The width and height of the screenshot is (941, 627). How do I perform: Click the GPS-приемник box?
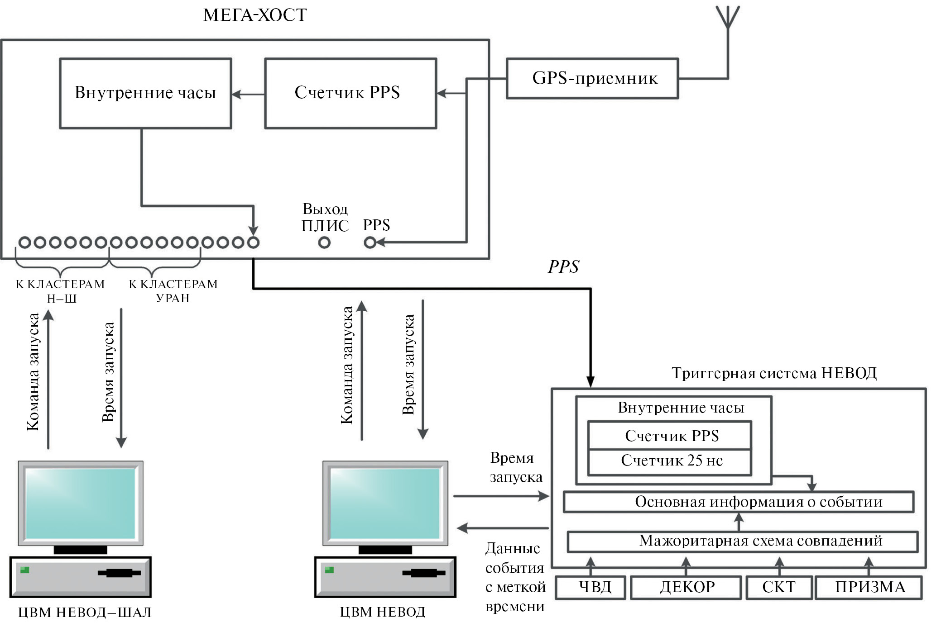[x=592, y=78]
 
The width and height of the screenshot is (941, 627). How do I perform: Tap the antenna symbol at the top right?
[x=727, y=18]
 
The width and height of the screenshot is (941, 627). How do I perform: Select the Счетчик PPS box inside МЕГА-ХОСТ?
[x=350, y=93]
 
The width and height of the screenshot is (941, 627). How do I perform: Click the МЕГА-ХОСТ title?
[x=255, y=15]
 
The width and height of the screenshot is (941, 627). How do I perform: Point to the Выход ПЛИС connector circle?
[x=324, y=243]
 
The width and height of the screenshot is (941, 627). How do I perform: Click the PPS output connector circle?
[x=370, y=243]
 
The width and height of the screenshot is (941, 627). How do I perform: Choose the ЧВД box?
[x=591, y=587]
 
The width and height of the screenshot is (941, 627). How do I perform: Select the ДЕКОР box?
[x=686, y=587]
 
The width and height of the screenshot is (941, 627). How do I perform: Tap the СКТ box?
[x=778, y=587]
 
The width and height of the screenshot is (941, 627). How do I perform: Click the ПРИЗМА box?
[x=869, y=587]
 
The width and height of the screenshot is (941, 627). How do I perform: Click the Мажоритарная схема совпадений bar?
[x=743, y=541]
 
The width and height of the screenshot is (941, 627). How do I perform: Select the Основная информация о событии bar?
[x=738, y=502]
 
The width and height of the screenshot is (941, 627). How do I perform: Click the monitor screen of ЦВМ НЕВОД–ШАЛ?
[x=81, y=503]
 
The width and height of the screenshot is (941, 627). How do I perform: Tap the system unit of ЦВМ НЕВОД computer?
[x=385, y=577]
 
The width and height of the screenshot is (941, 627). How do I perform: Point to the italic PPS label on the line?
[x=563, y=267]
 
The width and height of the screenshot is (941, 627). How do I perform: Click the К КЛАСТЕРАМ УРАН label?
[x=173, y=291]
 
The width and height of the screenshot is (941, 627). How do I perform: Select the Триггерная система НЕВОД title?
[x=773, y=373]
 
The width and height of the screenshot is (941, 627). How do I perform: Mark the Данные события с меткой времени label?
[x=515, y=577]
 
